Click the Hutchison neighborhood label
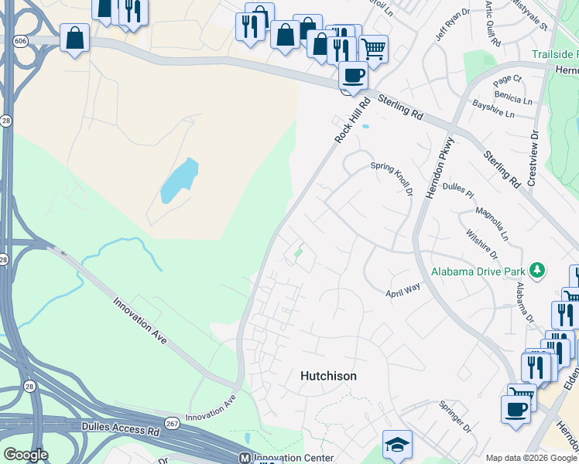click(328, 376)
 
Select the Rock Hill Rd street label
click(348, 119)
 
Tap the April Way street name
click(403, 290)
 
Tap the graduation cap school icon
click(397, 445)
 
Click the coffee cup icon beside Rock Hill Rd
click(354, 76)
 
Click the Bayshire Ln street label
click(493, 114)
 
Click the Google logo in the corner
click(26, 455)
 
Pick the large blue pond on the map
click(179, 181)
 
